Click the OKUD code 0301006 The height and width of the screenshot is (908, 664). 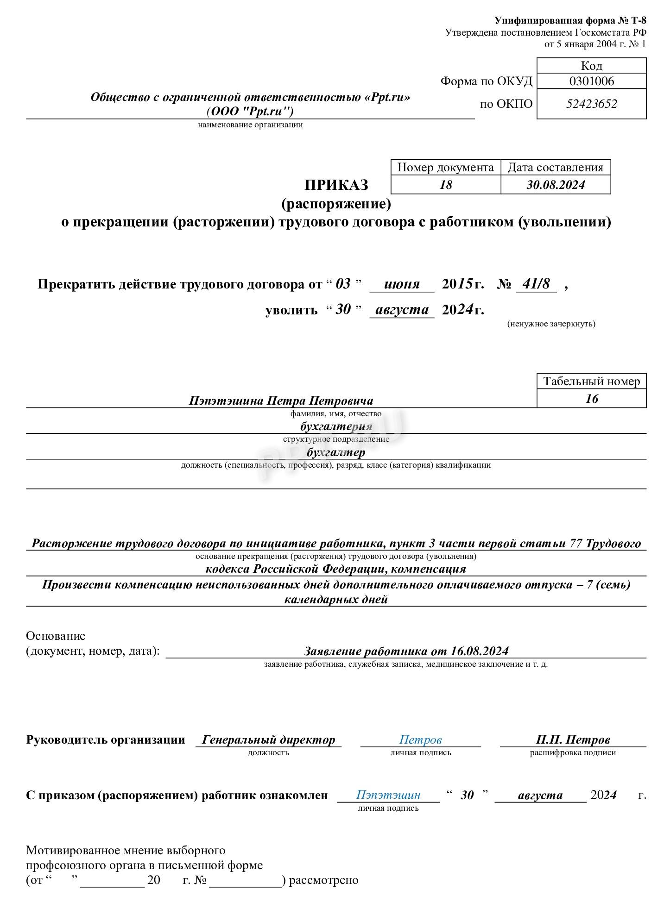591,81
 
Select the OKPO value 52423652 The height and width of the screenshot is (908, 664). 591,104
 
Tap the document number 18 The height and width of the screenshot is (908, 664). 445,185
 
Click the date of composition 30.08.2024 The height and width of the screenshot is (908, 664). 555,185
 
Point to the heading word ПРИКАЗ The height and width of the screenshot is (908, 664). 336,185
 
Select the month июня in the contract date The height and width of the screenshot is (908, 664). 401,284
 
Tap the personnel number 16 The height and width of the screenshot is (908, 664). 591,399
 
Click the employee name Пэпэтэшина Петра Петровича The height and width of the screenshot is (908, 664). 281,401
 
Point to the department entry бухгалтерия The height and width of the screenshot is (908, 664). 336,426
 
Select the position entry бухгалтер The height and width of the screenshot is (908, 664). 336,452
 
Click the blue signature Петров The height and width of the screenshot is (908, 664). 420,740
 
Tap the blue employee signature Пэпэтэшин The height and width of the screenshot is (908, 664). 388,795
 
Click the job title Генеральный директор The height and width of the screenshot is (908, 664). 268,740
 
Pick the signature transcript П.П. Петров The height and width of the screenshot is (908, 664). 573,740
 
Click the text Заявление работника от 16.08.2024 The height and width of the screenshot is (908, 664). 406,651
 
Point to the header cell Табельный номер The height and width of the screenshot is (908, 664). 591,382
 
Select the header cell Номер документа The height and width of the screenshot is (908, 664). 445,168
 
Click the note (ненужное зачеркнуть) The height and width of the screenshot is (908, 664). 551,324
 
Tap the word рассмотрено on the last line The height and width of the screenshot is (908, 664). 323,880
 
